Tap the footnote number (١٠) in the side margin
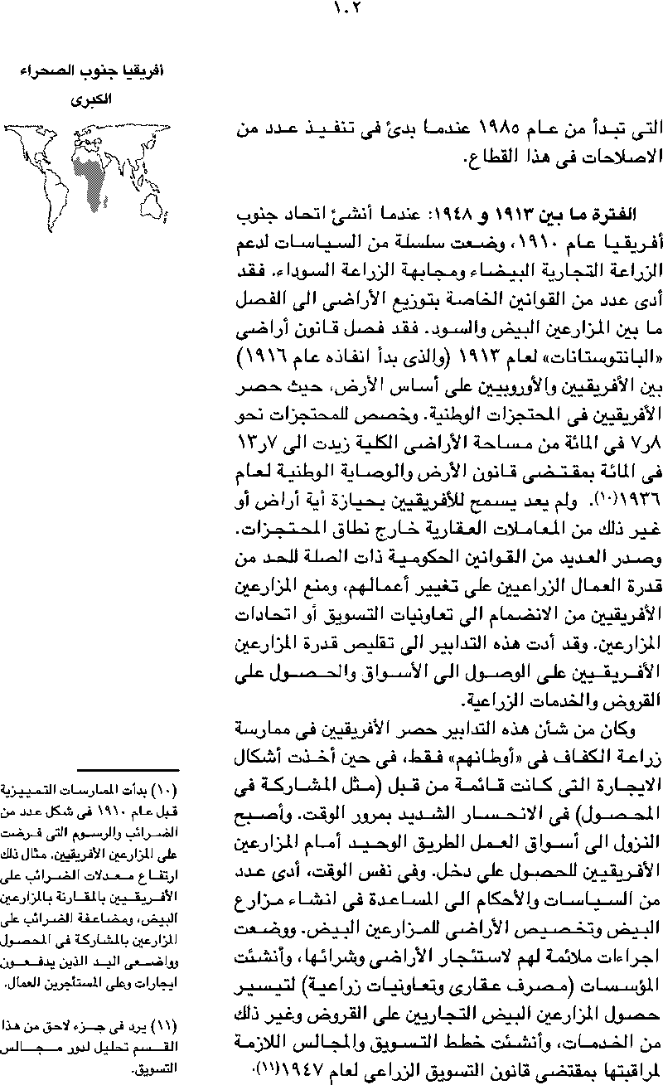click(x=169, y=789)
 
